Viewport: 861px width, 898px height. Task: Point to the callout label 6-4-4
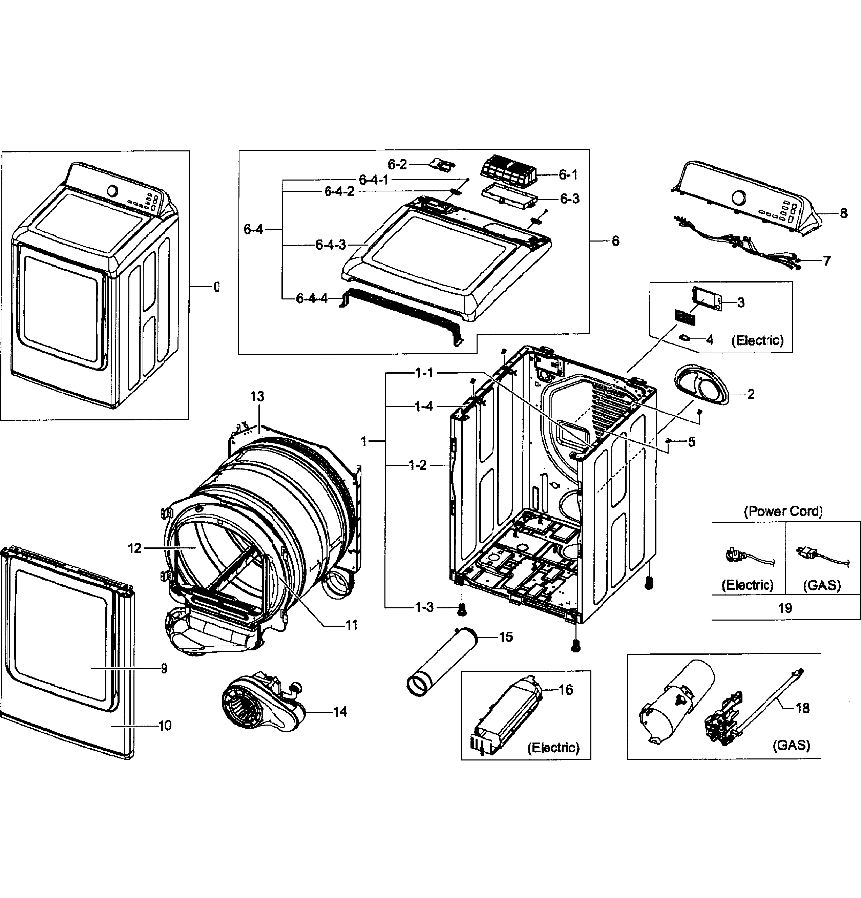pos(312,298)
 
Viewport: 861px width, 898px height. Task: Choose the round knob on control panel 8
pos(739,198)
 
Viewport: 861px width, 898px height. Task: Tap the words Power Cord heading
pos(783,511)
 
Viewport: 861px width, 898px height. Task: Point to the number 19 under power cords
pos(785,608)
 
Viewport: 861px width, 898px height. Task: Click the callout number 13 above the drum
pos(257,396)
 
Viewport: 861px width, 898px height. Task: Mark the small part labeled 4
pos(686,338)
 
